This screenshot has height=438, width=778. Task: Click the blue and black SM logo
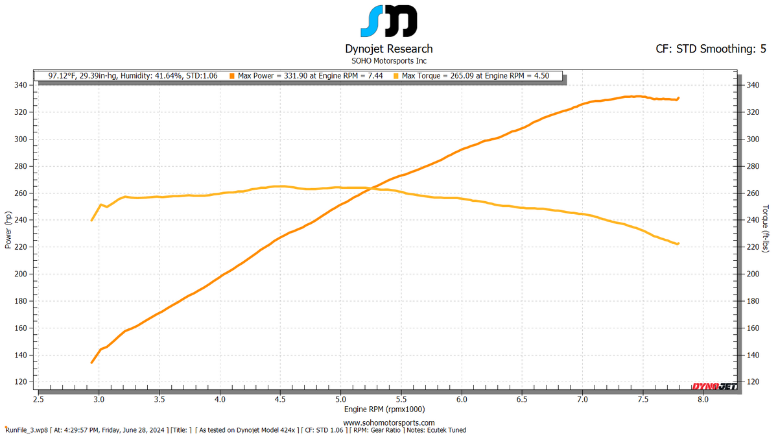[388, 21]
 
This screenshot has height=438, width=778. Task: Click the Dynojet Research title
[388, 49]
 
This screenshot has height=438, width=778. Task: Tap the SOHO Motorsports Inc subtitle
[388, 60]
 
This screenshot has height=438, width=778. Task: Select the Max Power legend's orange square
[232, 76]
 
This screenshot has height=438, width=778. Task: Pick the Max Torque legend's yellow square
[396, 76]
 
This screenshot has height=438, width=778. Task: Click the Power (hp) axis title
[8, 230]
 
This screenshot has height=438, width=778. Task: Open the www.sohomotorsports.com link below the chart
[388, 422]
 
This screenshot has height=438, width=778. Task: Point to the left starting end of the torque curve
[91, 220]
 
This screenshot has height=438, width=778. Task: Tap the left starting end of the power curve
[91, 362]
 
